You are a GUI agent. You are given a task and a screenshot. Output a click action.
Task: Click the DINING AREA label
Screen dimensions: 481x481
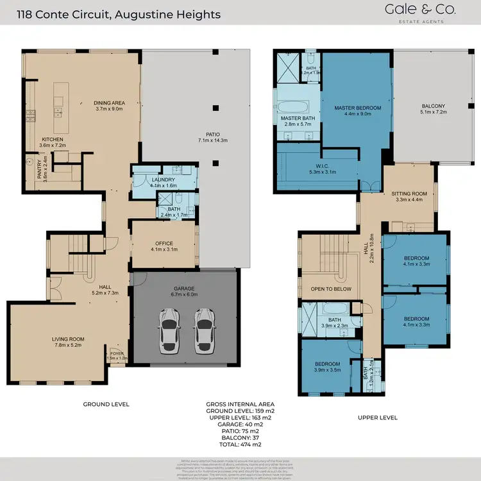point(109,103)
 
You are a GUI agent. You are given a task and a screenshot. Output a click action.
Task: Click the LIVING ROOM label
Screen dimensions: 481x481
point(68,339)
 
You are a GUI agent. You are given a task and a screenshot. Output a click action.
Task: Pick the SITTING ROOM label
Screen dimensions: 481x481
point(409,193)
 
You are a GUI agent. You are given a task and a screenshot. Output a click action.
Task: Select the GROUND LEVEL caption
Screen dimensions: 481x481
point(106,404)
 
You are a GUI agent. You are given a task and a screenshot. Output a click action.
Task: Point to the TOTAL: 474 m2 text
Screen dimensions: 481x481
point(233,444)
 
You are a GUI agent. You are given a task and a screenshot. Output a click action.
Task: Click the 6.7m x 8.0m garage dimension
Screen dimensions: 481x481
point(184,294)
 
